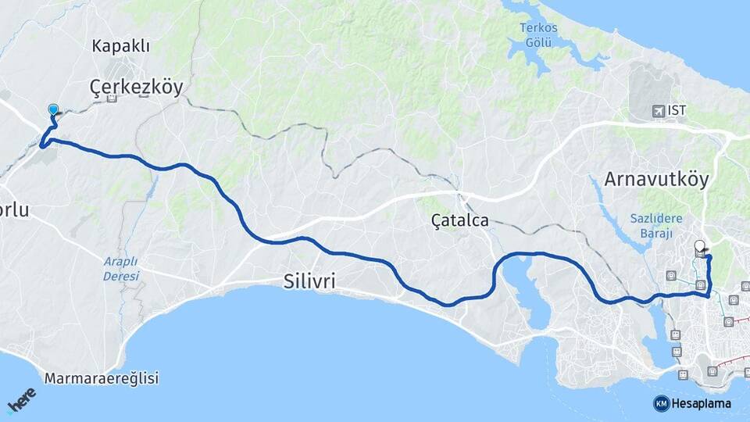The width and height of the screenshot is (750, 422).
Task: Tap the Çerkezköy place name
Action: [136, 86]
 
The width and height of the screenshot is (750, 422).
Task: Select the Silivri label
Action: [310, 281]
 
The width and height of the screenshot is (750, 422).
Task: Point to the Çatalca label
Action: [460, 220]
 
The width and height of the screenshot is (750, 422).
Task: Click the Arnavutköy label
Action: [656, 180]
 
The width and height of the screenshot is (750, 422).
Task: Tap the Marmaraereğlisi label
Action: [102, 379]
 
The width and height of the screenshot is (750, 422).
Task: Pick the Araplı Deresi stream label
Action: [121, 269]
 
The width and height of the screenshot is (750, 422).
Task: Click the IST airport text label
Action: [677, 110]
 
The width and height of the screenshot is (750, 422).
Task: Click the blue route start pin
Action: [53, 111]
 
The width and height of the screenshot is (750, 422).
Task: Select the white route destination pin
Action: [699, 245]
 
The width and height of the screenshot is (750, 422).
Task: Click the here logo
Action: [21, 401]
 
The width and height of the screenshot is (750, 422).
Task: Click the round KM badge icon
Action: [661, 404]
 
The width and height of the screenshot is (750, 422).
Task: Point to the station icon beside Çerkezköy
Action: [112, 98]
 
